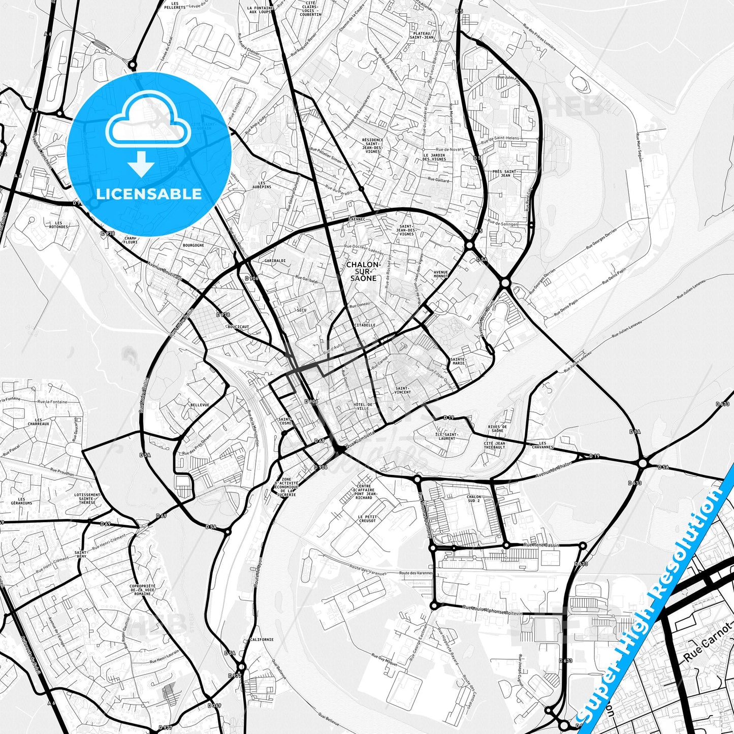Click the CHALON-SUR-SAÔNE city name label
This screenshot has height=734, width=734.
[x=363, y=271]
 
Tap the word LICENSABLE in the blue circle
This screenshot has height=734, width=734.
[x=149, y=194]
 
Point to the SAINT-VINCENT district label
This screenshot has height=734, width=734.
[x=403, y=390]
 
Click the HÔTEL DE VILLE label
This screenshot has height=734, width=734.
[x=363, y=406]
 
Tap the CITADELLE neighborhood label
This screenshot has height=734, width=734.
[x=365, y=325]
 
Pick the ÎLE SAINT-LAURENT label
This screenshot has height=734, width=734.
[x=447, y=436]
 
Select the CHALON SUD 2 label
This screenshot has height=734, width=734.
[x=473, y=499]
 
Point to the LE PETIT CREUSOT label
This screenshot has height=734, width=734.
[x=367, y=519]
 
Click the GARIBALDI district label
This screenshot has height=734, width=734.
[x=275, y=261]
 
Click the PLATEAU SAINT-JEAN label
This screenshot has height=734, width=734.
[x=422, y=35]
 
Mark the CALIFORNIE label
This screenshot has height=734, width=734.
[x=262, y=640]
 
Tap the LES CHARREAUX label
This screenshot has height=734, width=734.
[x=39, y=422]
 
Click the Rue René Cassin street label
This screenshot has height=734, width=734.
[x=541, y=545]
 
